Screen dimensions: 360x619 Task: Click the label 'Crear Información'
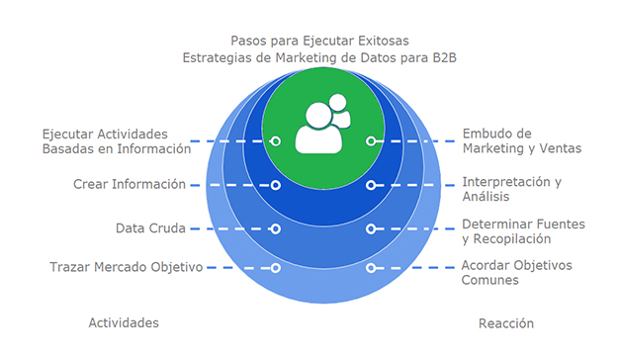(130, 184)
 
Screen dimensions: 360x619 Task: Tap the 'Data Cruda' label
(150, 228)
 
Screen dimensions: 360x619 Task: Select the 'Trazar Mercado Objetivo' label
(126, 267)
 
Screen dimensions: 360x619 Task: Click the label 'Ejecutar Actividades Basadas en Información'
(116, 141)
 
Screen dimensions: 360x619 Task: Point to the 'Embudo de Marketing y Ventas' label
(521, 141)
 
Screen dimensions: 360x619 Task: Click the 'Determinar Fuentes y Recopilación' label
(523, 231)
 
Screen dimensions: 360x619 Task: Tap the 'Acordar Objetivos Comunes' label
(516, 272)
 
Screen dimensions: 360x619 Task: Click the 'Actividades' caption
(124, 323)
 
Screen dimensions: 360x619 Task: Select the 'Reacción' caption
(505, 323)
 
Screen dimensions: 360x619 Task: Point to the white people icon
(322, 125)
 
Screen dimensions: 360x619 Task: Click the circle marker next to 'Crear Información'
(276, 185)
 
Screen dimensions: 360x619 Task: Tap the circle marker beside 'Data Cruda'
(276, 228)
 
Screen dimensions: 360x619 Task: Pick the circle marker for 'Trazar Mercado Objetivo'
(276, 267)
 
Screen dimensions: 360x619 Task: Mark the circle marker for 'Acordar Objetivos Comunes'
(371, 267)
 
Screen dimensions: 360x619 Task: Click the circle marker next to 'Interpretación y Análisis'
(371, 185)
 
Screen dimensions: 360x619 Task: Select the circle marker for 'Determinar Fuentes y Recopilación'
(371, 228)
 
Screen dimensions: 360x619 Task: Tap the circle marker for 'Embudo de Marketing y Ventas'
(371, 141)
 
